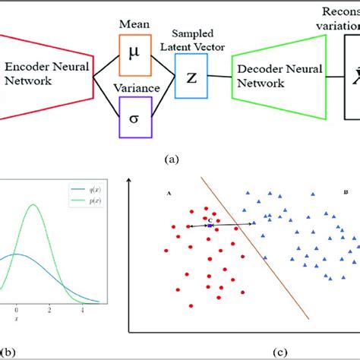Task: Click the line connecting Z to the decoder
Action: point(219,75)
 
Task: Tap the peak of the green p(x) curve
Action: point(33,205)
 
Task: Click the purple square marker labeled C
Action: point(210,225)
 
